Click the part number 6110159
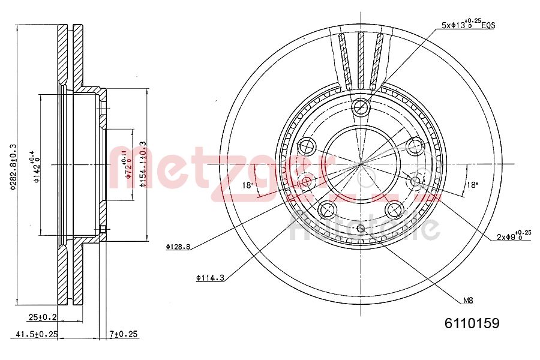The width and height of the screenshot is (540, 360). coord(472,323)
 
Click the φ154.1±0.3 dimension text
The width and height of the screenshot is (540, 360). coord(142,164)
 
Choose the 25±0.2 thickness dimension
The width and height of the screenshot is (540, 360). coord(41,317)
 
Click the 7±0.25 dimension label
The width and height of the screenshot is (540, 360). coord(124,334)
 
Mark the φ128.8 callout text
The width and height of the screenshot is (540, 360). coord(178,246)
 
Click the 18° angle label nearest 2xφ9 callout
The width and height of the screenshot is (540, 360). coord(472,185)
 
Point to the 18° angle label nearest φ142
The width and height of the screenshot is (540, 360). coord(247,185)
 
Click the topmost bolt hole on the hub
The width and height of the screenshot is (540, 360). coord(361,108)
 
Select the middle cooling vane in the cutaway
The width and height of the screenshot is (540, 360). coord(361,60)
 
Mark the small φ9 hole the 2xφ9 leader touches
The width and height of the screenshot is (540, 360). coord(415,181)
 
